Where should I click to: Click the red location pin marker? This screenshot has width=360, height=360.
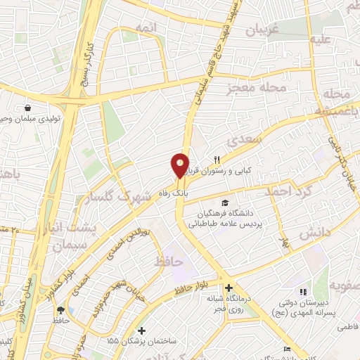click(180, 165)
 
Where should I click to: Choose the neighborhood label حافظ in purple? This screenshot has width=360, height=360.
click(168, 262)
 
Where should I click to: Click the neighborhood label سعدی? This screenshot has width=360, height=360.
click(250, 141)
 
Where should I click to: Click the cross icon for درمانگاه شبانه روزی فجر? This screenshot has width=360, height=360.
click(229, 288)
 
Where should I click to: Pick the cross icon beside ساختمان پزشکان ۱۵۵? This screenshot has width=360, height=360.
click(141, 330)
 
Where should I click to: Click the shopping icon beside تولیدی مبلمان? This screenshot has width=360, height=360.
click(27, 108)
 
